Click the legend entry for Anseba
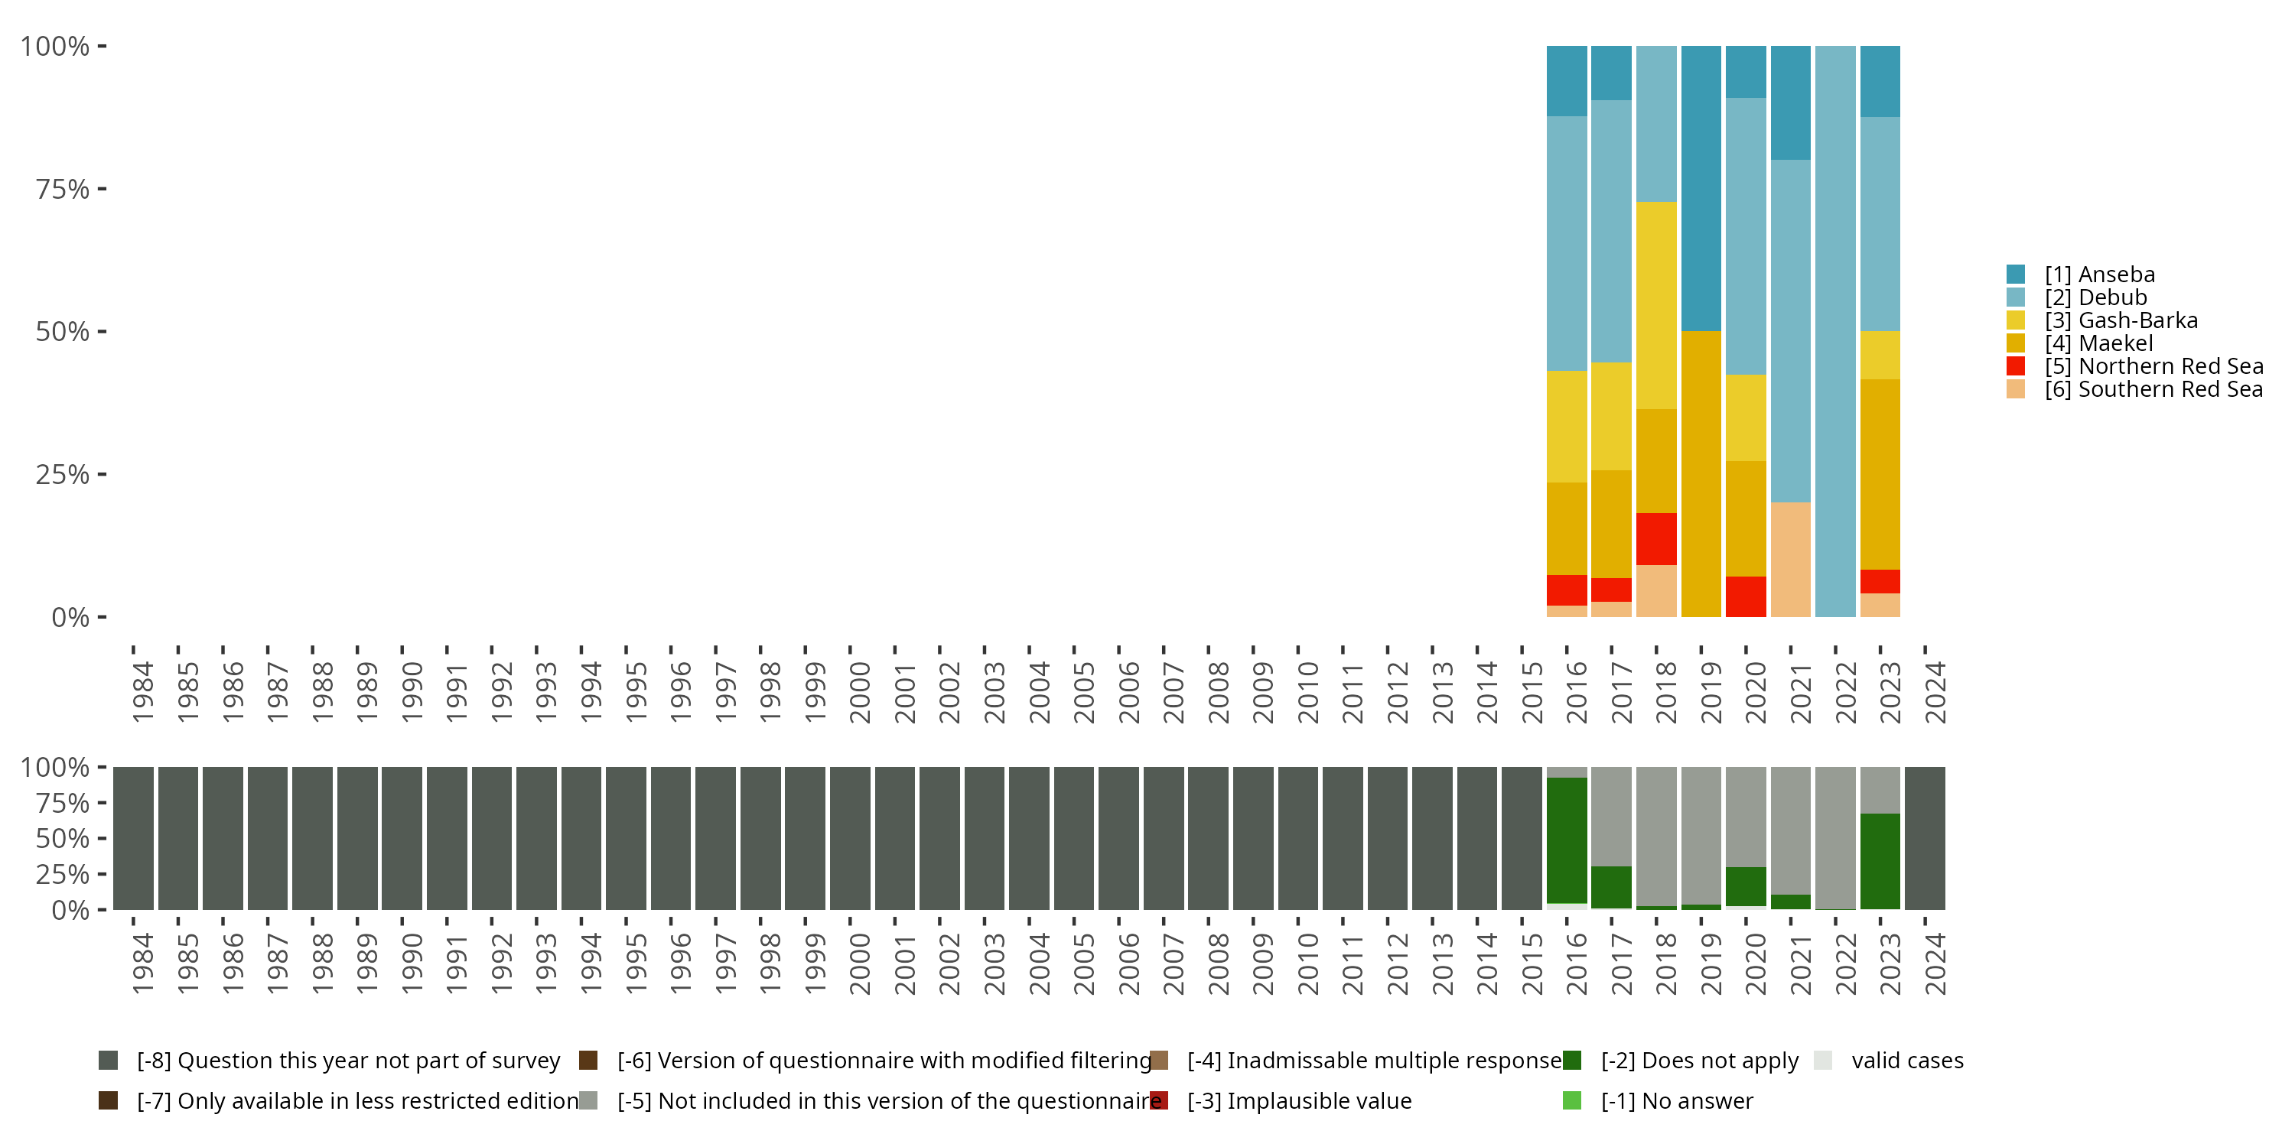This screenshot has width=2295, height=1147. (x=2099, y=275)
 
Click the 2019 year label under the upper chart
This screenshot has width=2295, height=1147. (x=1710, y=692)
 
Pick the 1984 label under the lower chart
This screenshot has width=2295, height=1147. (x=142, y=963)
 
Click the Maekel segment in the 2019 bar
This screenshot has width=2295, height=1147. (x=1701, y=474)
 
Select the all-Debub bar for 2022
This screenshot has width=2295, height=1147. (x=1835, y=331)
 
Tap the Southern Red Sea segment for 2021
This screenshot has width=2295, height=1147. (x=1791, y=559)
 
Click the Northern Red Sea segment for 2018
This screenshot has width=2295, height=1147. (x=1656, y=539)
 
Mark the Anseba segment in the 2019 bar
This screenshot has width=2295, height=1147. (x=1701, y=188)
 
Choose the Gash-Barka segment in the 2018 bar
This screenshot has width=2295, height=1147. (x=1656, y=305)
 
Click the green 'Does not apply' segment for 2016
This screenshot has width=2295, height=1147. (x=1566, y=840)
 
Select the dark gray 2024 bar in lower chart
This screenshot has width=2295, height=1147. (x=1925, y=838)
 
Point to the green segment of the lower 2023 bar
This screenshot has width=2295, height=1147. (x=1880, y=861)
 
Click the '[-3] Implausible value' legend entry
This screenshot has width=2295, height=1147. (x=1298, y=1102)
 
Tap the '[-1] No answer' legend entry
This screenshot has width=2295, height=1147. (x=1676, y=1102)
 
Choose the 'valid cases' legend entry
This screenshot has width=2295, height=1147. (x=1906, y=1061)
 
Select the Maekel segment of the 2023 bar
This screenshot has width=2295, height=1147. (x=1880, y=474)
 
